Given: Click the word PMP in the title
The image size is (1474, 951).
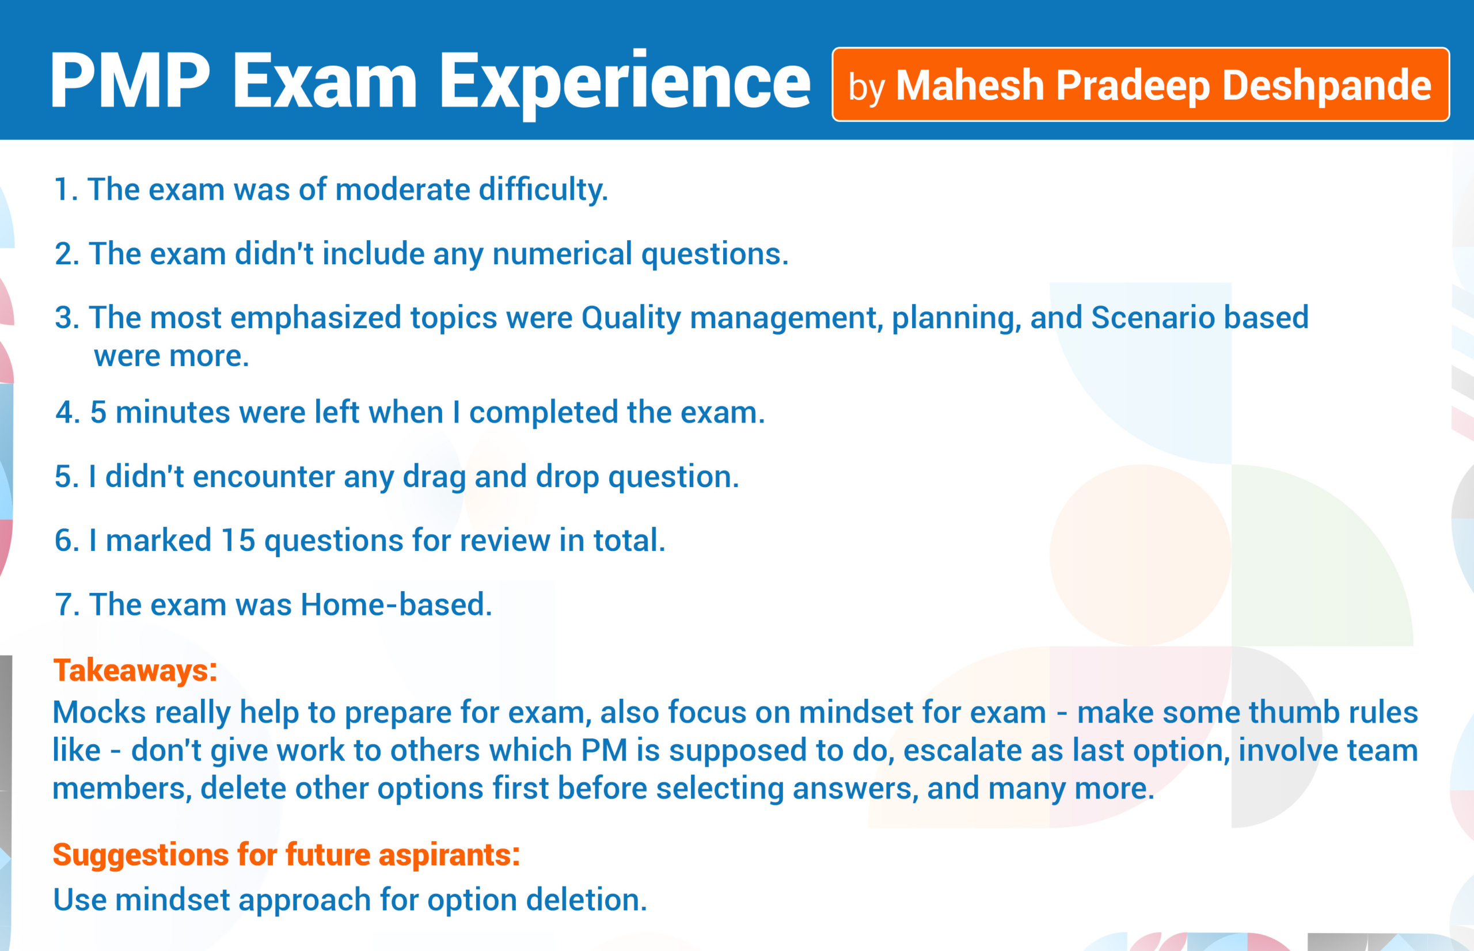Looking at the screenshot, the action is pos(131,80).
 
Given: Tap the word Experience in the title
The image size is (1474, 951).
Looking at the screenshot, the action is pos(625,84).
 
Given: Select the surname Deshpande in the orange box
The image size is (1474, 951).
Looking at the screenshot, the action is pos(1327,85).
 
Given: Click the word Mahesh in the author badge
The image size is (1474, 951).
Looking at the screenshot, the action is pos(970,85).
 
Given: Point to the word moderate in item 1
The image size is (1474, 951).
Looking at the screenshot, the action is pos(402,189).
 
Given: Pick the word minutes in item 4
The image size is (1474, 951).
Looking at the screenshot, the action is pos(172,412).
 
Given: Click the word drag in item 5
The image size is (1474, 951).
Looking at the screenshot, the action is pos(435,477).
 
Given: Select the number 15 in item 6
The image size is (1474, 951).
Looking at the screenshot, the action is pos(238,541).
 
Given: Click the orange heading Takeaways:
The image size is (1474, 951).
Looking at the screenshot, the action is pos(135,671).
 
